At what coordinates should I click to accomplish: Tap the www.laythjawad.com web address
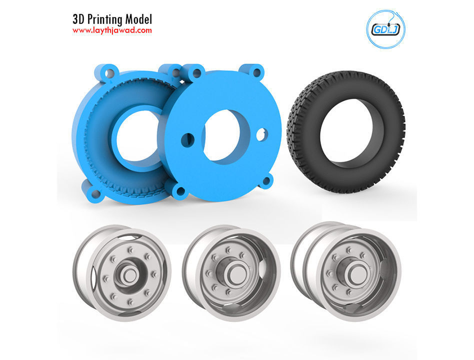112,30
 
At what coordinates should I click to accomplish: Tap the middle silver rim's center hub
232,274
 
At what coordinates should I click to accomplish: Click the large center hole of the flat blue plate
225,135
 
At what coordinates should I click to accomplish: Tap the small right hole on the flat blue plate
261,134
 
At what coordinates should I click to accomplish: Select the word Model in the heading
136,19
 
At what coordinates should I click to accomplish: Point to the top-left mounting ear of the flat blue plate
195,73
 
